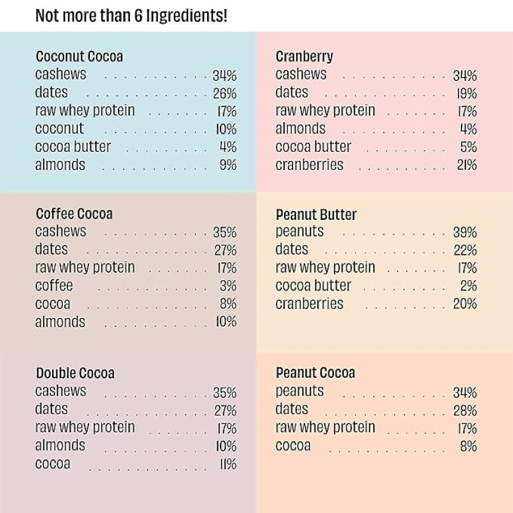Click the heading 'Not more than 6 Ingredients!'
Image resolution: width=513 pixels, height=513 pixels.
coord(131,16)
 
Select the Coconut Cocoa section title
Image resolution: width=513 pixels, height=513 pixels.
coord(79,56)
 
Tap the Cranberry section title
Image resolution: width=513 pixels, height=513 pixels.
coord(304,56)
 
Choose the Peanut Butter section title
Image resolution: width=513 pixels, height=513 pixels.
coord(315,214)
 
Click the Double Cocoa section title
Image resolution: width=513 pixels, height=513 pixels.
coord(75,373)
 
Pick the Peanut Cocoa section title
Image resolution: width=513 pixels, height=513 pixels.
coord(315,373)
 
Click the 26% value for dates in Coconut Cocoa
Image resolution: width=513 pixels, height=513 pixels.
coord(224,94)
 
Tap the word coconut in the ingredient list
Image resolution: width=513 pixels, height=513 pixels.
coord(59,129)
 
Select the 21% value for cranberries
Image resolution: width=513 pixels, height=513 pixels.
coord(466,165)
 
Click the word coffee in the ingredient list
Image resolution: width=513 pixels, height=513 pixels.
coord(54,286)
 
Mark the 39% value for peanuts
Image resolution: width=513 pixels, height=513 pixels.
coord(465,232)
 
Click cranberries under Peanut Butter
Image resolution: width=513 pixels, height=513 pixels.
coord(309,304)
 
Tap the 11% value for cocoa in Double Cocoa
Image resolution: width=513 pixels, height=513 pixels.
coord(228,464)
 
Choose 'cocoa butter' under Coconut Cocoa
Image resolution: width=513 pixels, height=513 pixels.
coord(72,147)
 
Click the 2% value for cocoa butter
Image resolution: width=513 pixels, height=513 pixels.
coord(468,286)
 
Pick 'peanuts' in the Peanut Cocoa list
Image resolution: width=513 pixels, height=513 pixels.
coord(299,391)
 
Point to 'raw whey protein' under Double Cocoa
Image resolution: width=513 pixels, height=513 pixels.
coord(85,428)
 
